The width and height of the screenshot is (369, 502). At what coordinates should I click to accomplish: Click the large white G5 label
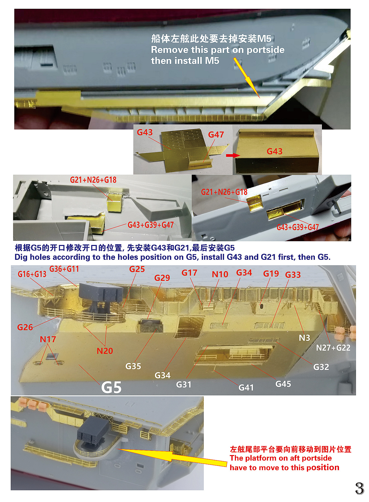pos(111,387)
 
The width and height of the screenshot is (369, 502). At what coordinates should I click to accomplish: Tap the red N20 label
pos(105,351)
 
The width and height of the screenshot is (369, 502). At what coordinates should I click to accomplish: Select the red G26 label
pos(25,327)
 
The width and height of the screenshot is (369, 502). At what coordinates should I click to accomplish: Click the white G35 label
pos(133,366)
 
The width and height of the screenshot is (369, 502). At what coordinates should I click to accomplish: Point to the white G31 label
pos(184,384)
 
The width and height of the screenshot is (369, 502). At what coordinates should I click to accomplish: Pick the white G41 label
pos(246,388)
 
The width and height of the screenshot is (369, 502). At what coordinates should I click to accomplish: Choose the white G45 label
pos(283,384)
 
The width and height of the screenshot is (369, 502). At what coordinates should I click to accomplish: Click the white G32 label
pos(321,367)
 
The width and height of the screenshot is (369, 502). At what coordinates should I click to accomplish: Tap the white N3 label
pos(305,338)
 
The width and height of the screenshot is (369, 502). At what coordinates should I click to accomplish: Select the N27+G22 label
pos(333,348)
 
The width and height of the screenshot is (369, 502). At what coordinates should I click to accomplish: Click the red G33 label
pos(293,275)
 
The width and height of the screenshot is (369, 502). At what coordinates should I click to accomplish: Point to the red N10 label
pos(220,274)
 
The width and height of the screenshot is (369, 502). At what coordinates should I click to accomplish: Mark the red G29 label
pos(162,278)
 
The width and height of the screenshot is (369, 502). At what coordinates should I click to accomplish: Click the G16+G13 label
pos(32,274)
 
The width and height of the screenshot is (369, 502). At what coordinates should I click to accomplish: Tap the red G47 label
pos(216,135)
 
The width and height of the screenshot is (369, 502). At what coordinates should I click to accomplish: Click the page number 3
pos(360,488)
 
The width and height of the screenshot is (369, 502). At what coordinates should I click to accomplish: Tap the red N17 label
pos(48,339)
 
